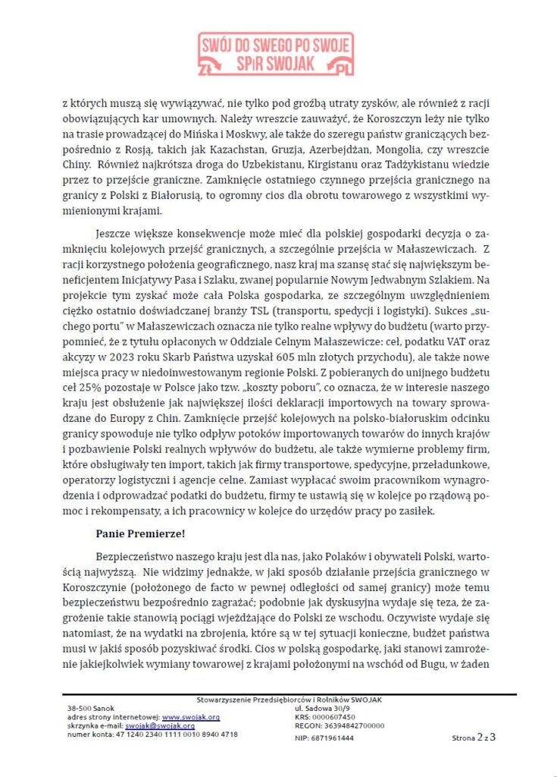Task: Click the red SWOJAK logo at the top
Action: click(x=275, y=54)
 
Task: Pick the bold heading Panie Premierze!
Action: click(x=140, y=533)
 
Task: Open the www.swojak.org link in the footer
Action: click(x=191, y=717)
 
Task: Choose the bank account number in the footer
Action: click(x=152, y=735)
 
